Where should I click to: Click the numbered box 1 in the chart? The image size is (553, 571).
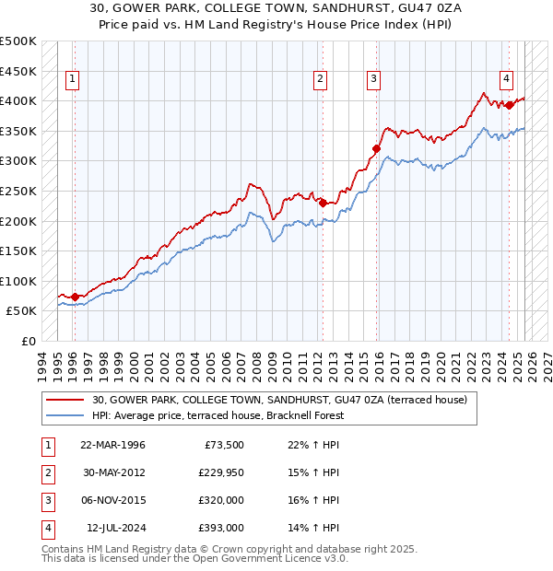(x=73, y=80)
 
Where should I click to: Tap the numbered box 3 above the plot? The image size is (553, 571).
(x=373, y=80)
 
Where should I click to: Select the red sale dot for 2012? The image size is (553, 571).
(x=323, y=203)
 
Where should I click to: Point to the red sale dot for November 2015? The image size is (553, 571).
(x=376, y=148)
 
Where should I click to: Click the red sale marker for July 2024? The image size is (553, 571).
(x=510, y=105)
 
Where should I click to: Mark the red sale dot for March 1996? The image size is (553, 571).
(x=75, y=297)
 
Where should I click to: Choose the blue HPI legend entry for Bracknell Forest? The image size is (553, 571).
(x=218, y=415)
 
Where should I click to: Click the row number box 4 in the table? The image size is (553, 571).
(x=47, y=528)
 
